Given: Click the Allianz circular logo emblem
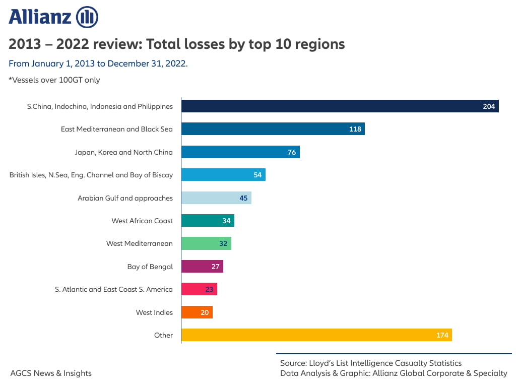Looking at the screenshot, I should pyautogui.click(x=87, y=17).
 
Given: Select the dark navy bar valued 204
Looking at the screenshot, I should pyautogui.click(x=340, y=106).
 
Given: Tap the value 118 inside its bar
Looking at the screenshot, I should pyautogui.click(x=355, y=129).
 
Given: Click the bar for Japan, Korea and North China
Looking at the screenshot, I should pyautogui.click(x=240, y=152).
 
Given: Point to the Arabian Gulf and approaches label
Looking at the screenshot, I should pyautogui.click(x=125, y=198).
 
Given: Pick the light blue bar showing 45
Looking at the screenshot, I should pyautogui.click(x=216, y=198).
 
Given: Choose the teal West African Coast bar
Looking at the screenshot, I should pyautogui.click(x=208, y=221).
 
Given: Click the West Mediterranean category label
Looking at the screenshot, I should pyautogui.click(x=139, y=243).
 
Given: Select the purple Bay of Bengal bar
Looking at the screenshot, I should pyautogui.click(x=202, y=267).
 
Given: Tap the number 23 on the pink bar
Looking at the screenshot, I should pyautogui.click(x=209, y=290).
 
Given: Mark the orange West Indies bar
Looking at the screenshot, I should pyautogui.click(x=197, y=312).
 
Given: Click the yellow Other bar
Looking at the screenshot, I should pyautogui.click(x=316, y=335).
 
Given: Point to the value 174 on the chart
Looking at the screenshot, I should pyautogui.click(x=442, y=336).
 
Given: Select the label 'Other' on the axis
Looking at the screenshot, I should pyautogui.click(x=163, y=335).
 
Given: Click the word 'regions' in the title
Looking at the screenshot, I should pyautogui.click(x=320, y=44).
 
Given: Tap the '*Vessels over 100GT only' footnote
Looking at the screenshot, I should pyautogui.click(x=54, y=80).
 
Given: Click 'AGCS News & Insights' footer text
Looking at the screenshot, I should pyautogui.click(x=51, y=373).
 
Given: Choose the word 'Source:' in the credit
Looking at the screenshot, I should pyautogui.click(x=295, y=363).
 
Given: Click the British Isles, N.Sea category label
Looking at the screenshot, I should pyautogui.click(x=91, y=175).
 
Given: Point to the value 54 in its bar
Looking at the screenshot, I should pyautogui.click(x=257, y=175).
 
